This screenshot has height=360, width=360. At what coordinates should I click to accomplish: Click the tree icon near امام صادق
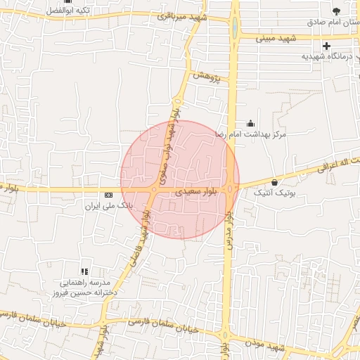pyautogui.click(x=336, y=10)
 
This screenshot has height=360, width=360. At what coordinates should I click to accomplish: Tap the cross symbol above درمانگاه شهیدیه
pyautogui.click(x=327, y=46)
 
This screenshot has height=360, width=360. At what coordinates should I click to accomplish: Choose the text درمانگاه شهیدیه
pyautogui.click(x=326, y=56)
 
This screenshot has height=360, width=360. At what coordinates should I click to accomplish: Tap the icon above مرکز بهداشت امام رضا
pyautogui.click(x=250, y=123)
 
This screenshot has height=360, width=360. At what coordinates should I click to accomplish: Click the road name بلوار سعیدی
pyautogui.click(x=189, y=190)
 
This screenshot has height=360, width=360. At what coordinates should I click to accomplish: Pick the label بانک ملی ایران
pyautogui.click(x=108, y=206)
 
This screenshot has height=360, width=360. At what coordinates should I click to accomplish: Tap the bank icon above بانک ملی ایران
pyautogui.click(x=108, y=195)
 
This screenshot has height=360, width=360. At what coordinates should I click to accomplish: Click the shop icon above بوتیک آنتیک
pyautogui.click(x=274, y=182)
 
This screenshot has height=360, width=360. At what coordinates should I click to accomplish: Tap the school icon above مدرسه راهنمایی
pyautogui.click(x=84, y=271)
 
